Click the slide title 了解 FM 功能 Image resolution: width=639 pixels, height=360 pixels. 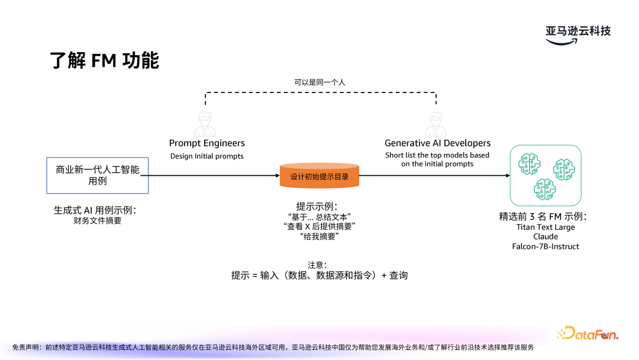[x=105, y=60]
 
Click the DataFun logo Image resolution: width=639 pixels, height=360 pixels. [x=587, y=335]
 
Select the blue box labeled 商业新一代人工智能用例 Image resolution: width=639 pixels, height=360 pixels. [x=98, y=175]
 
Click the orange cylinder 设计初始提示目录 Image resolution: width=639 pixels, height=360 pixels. [x=319, y=176]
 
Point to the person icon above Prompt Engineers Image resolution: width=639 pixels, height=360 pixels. [x=206, y=124]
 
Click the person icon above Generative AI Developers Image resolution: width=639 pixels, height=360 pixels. [x=436, y=124]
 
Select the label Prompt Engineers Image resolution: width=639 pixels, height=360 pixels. [x=206, y=143]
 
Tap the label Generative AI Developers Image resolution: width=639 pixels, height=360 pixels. [x=437, y=143]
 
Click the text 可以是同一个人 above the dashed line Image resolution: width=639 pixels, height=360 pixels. [x=319, y=83]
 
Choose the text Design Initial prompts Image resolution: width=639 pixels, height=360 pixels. [x=206, y=156]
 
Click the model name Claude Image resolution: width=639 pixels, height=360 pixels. [x=545, y=236]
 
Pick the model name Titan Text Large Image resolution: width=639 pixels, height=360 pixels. [x=545, y=227]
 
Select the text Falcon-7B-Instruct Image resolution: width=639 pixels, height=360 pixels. [x=545, y=246]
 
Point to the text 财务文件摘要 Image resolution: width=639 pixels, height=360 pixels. [x=98, y=221]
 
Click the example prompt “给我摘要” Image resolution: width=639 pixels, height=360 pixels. [x=319, y=236]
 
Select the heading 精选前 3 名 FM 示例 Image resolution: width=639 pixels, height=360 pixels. [x=545, y=217]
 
